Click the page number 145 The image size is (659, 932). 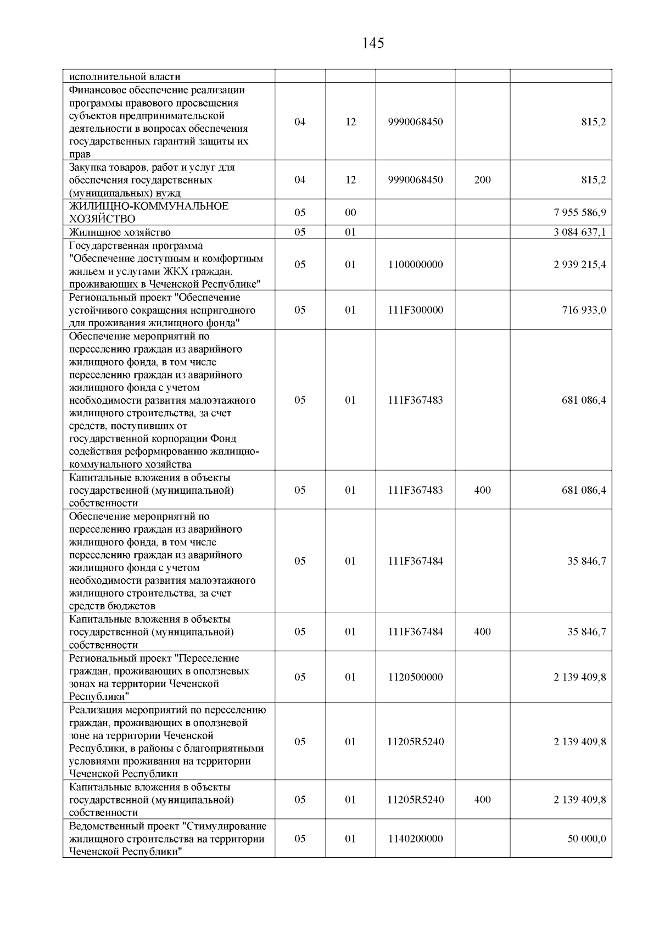(373, 43)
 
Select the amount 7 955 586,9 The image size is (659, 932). (579, 213)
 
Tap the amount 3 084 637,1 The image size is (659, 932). (579, 232)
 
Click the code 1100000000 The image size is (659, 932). (415, 265)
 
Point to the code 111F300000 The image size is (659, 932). (415, 310)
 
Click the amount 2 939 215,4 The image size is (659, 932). (579, 265)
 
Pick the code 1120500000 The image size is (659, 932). (415, 677)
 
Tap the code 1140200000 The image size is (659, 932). (415, 839)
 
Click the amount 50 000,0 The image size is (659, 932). (587, 839)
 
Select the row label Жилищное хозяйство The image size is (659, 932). (120, 232)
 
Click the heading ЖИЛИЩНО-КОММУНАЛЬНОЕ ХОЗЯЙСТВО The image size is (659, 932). (148, 213)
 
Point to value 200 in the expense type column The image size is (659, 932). (482, 180)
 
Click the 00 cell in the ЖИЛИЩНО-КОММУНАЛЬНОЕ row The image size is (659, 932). (350, 213)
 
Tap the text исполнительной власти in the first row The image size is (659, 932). (125, 77)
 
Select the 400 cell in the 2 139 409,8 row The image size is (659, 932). (482, 800)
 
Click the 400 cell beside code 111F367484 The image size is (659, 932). (482, 632)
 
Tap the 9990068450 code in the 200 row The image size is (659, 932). (415, 180)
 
